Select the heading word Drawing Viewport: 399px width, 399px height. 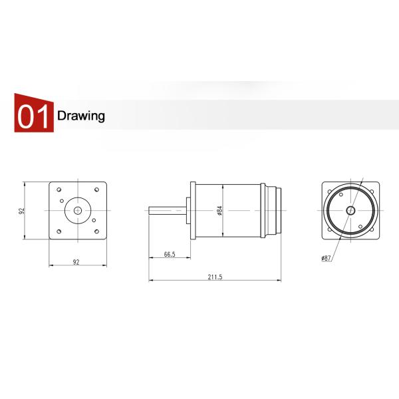tap(81, 116)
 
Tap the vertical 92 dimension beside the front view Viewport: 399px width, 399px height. tap(22, 210)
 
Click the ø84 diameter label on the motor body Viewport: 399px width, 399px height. tap(219, 210)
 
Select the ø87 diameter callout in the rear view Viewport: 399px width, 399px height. tap(326, 257)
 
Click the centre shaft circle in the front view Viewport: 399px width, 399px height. tap(78, 210)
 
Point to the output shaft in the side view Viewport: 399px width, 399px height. tap(168, 210)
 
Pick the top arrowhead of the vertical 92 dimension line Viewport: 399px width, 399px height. tap(25, 183)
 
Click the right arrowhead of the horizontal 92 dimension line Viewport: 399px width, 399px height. tap(105, 266)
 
